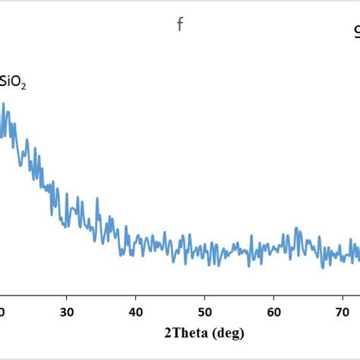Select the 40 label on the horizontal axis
pos(136,311)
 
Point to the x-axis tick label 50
pos(205,311)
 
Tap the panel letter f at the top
pos(180,25)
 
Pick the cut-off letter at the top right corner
pos(356,32)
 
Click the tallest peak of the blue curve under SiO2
pos(5,104)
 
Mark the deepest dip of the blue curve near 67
pos(322,267)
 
